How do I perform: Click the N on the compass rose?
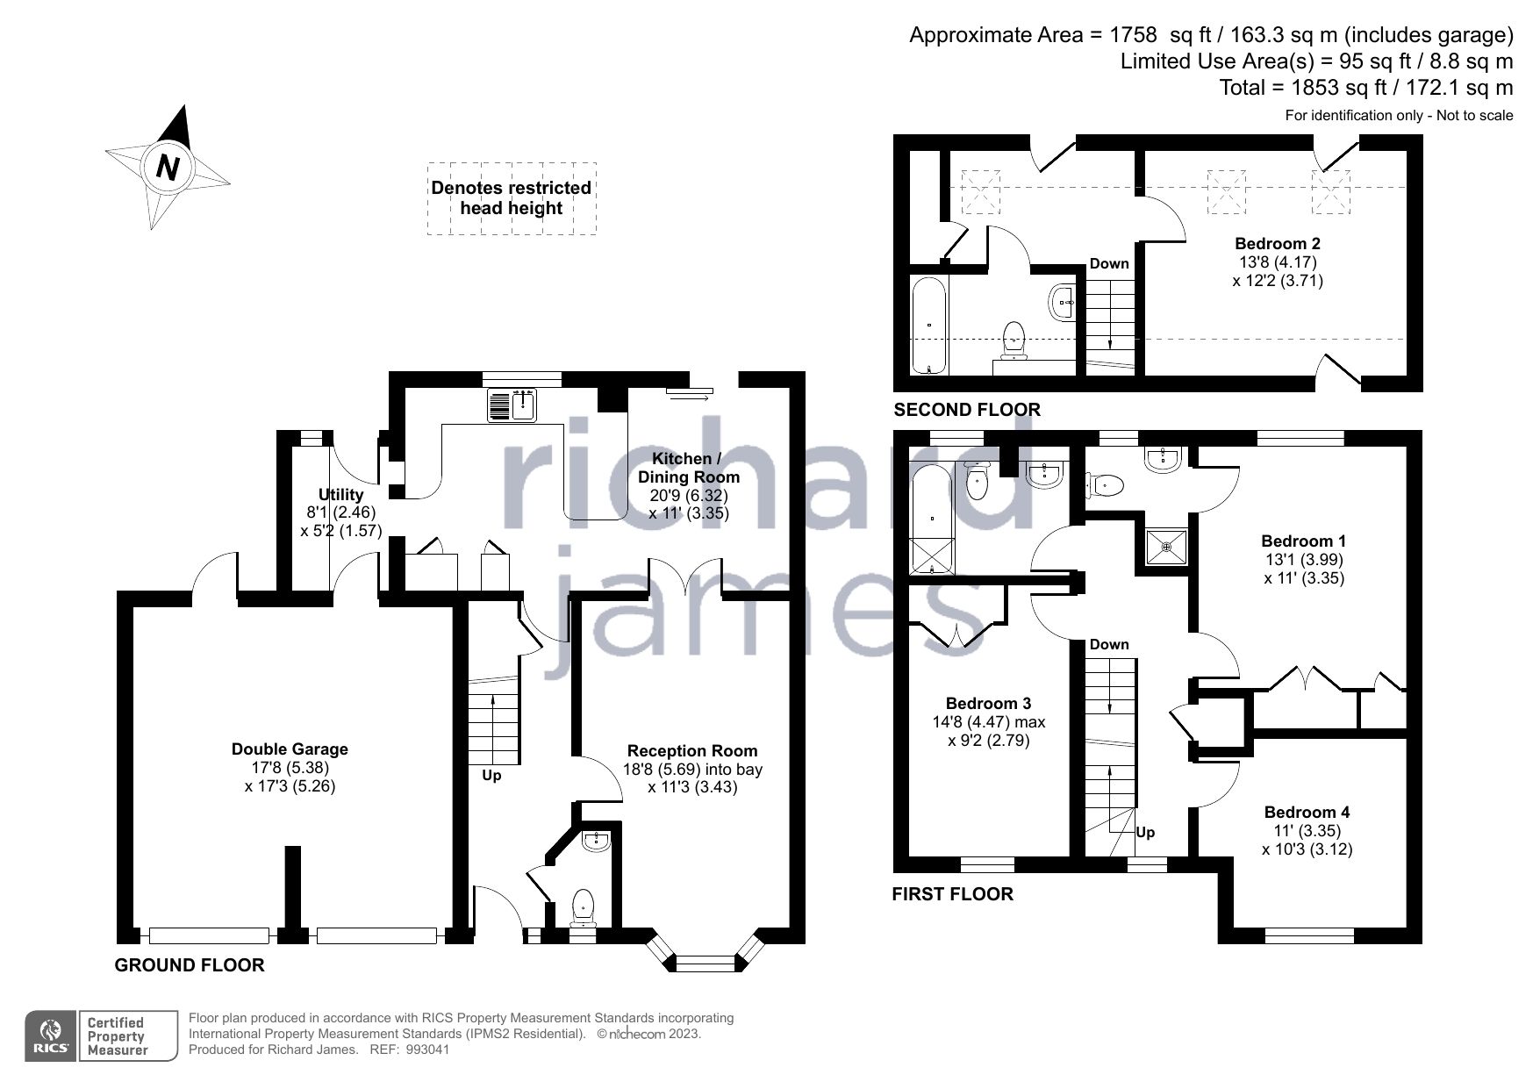click(168, 167)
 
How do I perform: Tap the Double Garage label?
click(290, 749)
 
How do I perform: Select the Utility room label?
click(340, 494)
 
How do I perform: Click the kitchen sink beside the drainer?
click(525, 405)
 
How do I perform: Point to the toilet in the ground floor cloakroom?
click(583, 906)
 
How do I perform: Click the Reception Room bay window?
click(706, 963)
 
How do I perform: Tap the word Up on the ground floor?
click(491, 776)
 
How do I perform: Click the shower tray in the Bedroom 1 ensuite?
click(1166, 547)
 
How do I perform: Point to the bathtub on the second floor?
click(928, 326)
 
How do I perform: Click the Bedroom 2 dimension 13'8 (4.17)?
click(1277, 262)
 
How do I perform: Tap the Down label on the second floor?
click(1109, 263)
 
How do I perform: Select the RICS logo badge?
click(50, 1036)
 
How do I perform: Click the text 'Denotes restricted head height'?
click(511, 198)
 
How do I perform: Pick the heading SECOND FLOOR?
click(966, 410)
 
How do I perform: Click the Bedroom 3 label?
click(988, 703)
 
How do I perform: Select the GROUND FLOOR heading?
click(190, 965)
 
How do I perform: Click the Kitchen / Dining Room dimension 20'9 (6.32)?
click(688, 495)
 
